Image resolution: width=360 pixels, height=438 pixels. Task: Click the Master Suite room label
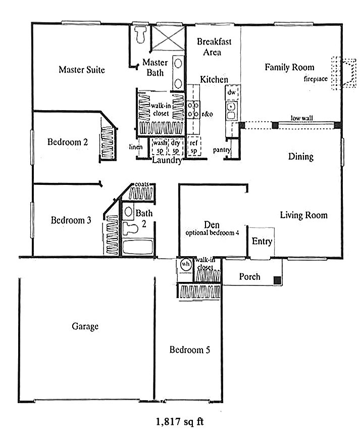click(x=81, y=70)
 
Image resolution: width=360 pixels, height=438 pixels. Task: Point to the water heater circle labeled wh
click(x=184, y=265)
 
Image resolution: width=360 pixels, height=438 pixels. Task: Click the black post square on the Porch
click(x=277, y=280)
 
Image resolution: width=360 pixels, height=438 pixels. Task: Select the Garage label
click(x=85, y=326)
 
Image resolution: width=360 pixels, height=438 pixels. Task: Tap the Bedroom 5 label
click(x=189, y=350)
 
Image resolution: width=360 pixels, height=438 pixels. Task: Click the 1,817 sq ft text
click(x=180, y=420)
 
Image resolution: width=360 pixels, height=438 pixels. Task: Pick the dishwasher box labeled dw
click(x=231, y=92)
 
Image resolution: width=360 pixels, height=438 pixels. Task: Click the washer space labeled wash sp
click(x=160, y=146)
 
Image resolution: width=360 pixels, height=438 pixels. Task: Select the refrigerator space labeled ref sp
click(x=193, y=146)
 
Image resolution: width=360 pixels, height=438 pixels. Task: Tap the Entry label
click(x=262, y=241)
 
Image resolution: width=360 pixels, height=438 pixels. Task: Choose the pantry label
click(x=222, y=150)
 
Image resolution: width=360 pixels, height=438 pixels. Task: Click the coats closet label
click(x=141, y=184)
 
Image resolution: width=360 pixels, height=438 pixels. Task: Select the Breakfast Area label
click(x=211, y=46)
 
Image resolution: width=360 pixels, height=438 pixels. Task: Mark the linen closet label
click(x=135, y=147)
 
